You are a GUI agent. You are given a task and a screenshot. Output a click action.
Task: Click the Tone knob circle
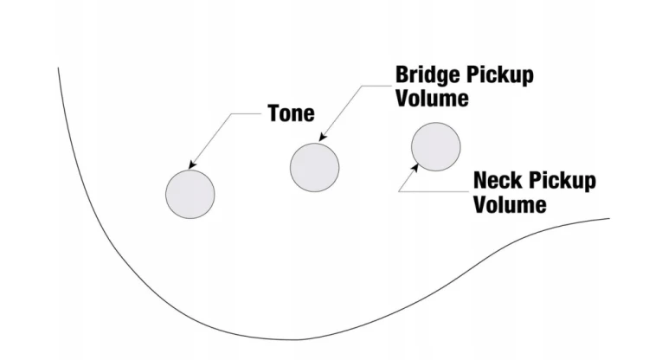190,194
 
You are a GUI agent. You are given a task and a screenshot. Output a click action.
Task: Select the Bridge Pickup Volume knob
315,168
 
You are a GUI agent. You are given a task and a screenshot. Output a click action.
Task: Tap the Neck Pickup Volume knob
436,147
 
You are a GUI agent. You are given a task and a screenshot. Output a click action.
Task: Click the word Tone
291,113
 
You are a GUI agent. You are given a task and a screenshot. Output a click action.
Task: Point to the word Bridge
428,76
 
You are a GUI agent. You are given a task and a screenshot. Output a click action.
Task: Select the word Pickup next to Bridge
500,76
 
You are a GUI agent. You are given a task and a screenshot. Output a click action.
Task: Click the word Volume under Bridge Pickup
432,98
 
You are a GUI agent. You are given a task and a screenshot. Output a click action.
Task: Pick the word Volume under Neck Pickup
510,204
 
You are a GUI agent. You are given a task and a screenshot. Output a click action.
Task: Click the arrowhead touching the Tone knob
191,165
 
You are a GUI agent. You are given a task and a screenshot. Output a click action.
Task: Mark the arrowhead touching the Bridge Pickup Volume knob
323,138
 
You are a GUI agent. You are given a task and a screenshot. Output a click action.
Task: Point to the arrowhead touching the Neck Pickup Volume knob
414,168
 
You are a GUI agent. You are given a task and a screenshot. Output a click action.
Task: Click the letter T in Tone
273,113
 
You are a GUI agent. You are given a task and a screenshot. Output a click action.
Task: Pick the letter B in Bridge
402,75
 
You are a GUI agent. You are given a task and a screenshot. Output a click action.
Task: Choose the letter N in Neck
481,180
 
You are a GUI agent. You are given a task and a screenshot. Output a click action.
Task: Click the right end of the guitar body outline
609,218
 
